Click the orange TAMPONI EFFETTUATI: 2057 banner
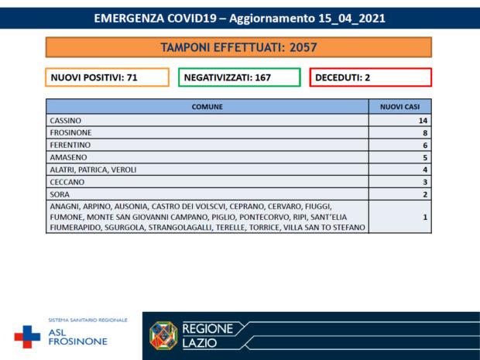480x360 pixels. pos(238,48)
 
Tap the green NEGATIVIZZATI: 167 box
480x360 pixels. pos(238,77)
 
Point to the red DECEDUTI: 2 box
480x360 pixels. pos(370,77)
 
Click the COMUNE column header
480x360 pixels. pos(207,106)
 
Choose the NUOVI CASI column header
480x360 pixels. pos(399,106)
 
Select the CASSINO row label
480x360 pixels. pos(65,121)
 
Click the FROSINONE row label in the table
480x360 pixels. pos(70,133)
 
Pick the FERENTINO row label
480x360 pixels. pos(70,145)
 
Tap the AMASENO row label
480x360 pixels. pos(67,157)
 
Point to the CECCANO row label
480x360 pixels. pos(67,182)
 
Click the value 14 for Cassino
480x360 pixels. pos(423,121)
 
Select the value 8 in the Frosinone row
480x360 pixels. pos(425,133)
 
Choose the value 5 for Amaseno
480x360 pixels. pos(425,157)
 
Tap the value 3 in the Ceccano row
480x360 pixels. pos(425,182)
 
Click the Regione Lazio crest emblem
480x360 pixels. pos(163,335)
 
